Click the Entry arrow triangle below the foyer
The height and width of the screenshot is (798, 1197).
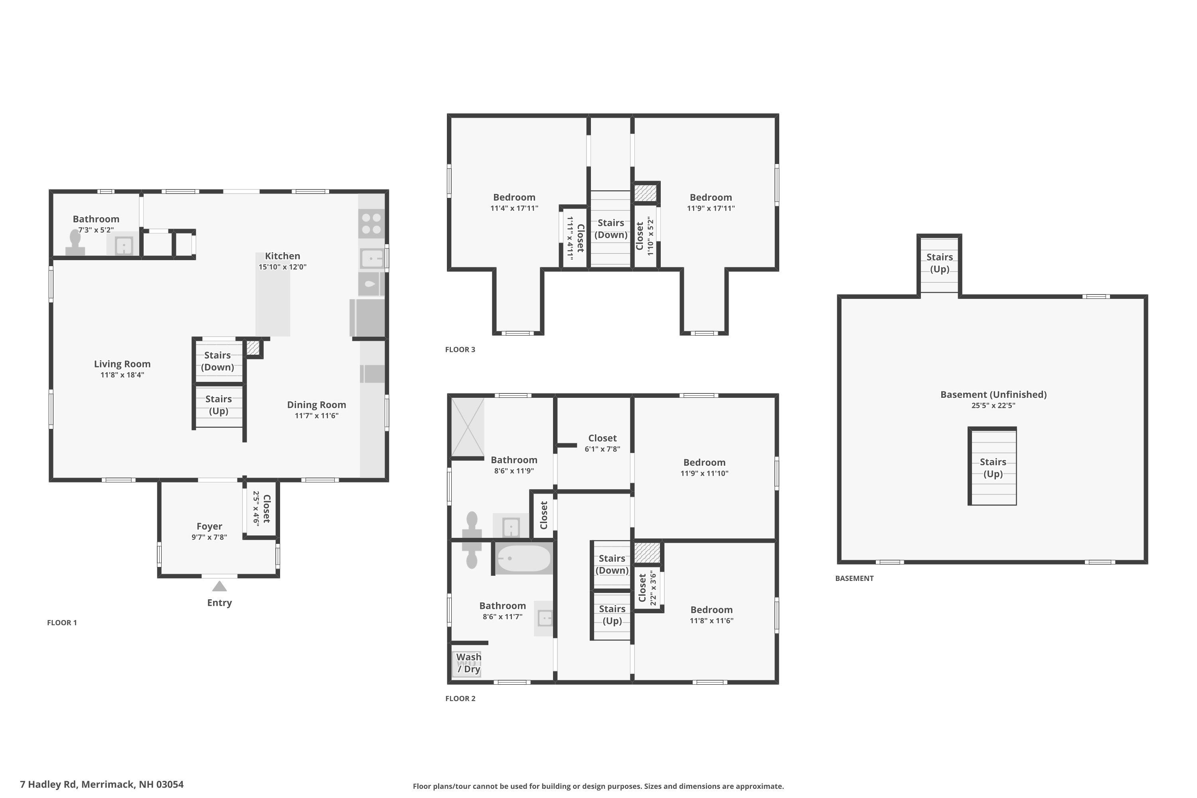pyautogui.click(x=219, y=587)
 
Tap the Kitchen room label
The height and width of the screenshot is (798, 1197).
pyautogui.click(x=282, y=256)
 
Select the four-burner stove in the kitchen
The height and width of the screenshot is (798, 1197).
pyautogui.click(x=371, y=223)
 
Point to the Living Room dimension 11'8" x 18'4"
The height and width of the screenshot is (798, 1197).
pyautogui.click(x=122, y=375)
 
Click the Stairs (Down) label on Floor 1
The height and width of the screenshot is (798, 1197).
pyautogui.click(x=217, y=361)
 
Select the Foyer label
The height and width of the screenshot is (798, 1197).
pyautogui.click(x=209, y=526)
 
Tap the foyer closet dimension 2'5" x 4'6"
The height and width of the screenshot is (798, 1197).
pyautogui.click(x=257, y=508)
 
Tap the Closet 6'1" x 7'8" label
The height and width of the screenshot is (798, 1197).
pyautogui.click(x=602, y=438)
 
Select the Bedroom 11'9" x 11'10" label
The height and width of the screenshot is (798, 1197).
pyautogui.click(x=704, y=462)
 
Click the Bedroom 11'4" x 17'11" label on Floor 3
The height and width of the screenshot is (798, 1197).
pyautogui.click(x=514, y=198)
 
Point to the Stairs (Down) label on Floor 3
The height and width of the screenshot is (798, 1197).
pyautogui.click(x=611, y=229)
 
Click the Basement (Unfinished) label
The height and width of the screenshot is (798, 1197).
pyautogui.click(x=993, y=395)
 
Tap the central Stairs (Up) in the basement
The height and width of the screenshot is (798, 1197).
pyautogui.click(x=992, y=467)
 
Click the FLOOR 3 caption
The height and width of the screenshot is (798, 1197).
pyautogui.click(x=460, y=350)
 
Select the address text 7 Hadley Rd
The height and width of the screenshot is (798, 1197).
pyautogui.click(x=102, y=784)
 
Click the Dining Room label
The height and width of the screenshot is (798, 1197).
pyautogui.click(x=316, y=405)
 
